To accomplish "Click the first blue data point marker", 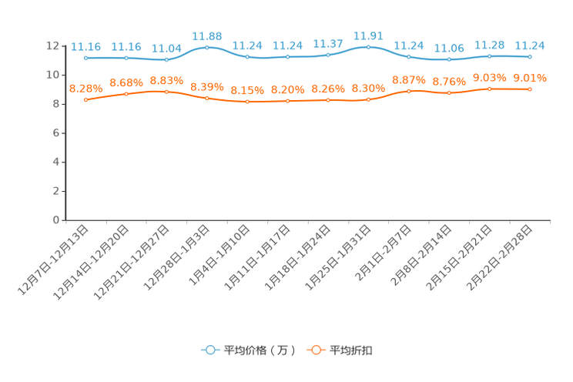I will (x=85, y=58).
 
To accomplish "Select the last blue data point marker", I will (x=530, y=57).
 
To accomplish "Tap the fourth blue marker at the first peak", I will (x=206, y=47).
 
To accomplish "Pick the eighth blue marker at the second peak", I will (x=368, y=47).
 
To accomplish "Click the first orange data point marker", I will (x=85, y=100).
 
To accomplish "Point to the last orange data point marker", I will (x=530, y=89).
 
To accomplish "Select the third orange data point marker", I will (x=166, y=91).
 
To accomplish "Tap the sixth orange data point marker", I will (x=287, y=102).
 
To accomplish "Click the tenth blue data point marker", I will (x=449, y=59).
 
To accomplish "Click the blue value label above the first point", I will (x=85, y=46).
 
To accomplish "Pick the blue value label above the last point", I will (x=530, y=45).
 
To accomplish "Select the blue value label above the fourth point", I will (x=206, y=35).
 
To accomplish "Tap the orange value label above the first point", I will (x=85, y=88).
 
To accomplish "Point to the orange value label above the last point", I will (x=530, y=77).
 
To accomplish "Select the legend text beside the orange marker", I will (x=352, y=350).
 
